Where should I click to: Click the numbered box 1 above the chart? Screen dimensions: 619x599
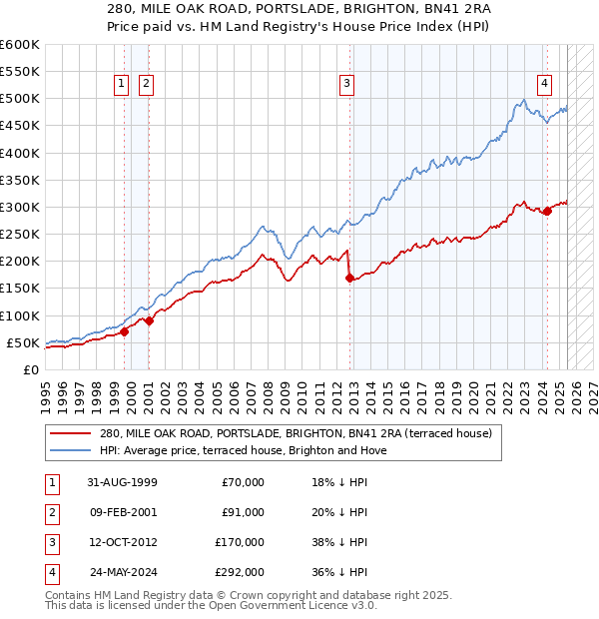click(x=122, y=85)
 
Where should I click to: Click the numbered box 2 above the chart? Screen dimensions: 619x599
click(x=146, y=85)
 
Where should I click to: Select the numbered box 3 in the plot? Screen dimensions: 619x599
click(x=346, y=85)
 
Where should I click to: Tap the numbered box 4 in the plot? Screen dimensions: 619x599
click(x=544, y=85)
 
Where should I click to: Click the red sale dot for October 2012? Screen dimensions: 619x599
click(x=349, y=279)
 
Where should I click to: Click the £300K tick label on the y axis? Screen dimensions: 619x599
click(x=20, y=208)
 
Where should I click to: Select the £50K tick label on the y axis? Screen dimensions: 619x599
click(x=23, y=342)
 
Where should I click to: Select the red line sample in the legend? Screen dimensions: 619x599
click(x=70, y=434)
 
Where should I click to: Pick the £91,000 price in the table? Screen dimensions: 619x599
click(x=243, y=512)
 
